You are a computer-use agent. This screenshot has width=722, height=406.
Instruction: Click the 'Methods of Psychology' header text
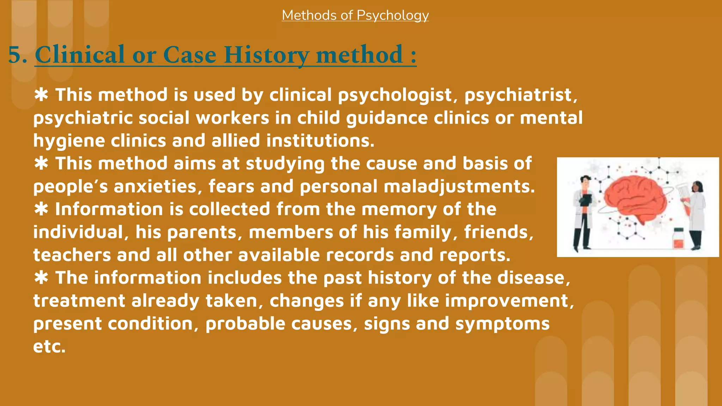click(x=355, y=15)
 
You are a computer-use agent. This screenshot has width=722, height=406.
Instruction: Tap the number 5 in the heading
click(x=15, y=55)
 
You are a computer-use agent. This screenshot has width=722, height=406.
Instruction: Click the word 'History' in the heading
click(x=266, y=55)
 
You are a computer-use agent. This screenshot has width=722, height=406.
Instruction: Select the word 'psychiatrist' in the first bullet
click(x=520, y=95)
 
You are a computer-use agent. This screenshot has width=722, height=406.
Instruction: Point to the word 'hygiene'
click(x=69, y=141)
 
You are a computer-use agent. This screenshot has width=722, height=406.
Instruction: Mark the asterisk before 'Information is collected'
click(x=42, y=209)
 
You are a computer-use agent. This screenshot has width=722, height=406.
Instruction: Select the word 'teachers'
click(x=72, y=255)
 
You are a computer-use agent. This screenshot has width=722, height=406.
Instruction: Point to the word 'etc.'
click(x=49, y=346)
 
